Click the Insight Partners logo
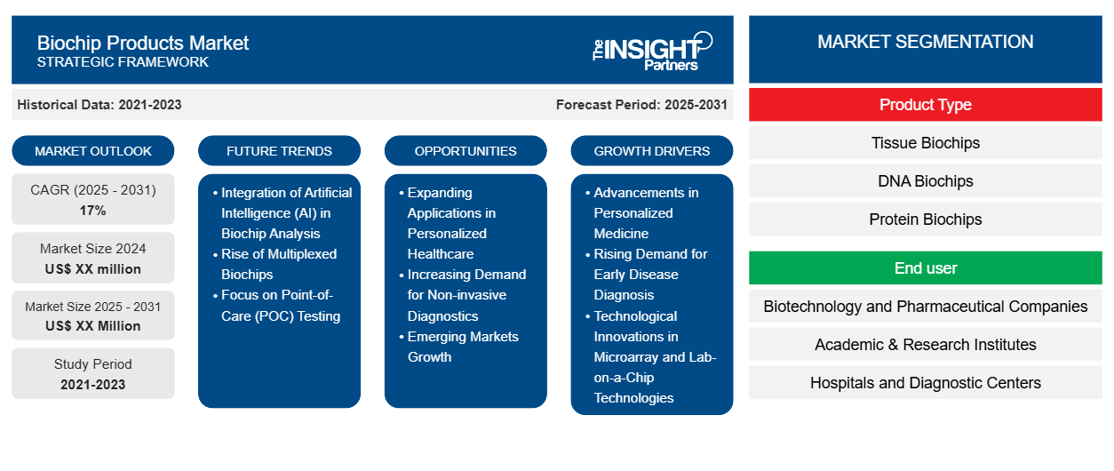coord(652,50)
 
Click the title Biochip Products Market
coord(143,43)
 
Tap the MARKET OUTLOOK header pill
coord(93,151)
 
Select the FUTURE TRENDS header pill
coord(279,151)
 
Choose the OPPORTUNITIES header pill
coord(465,151)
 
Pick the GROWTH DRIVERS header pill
coord(652,151)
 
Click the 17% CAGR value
coord(92,211)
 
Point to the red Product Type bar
coord(925,105)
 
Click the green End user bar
coord(925,267)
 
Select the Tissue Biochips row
coord(925,143)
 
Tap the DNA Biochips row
coord(925,181)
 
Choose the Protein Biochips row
coord(925,220)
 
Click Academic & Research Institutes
coord(925,345)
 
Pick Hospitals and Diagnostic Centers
coord(925,383)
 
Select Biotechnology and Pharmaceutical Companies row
coord(925,307)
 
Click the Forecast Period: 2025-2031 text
coord(641,105)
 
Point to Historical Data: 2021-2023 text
coord(99,105)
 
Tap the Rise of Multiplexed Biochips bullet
coord(278,264)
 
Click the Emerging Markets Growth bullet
coord(462,347)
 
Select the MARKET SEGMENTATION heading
coord(925,42)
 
